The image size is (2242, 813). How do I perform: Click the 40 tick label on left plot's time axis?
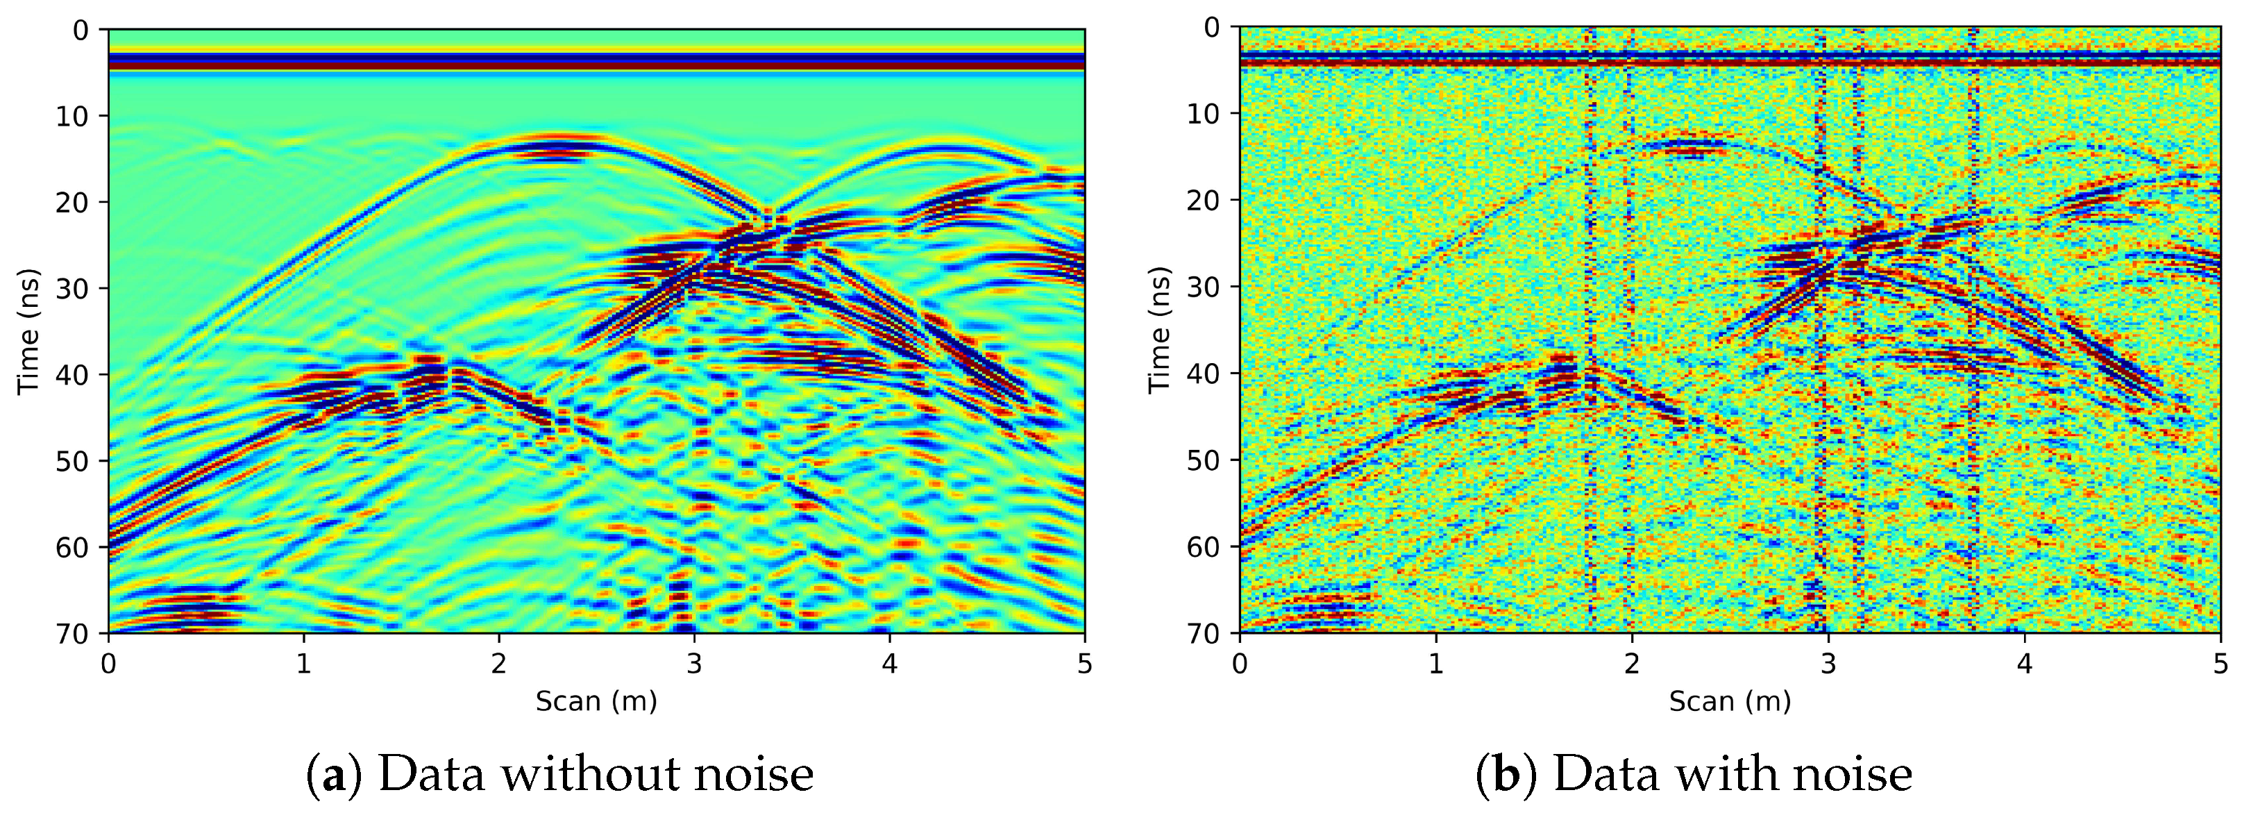(x=73, y=375)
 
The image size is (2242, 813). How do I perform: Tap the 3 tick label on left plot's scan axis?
(x=693, y=665)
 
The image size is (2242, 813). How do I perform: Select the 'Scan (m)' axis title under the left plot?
(x=596, y=701)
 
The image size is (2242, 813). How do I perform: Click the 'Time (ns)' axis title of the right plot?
(x=1158, y=330)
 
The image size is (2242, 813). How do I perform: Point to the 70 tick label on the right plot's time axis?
(x=1204, y=632)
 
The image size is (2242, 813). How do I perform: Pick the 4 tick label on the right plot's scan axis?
(x=2025, y=665)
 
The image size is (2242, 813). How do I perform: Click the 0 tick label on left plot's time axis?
(x=81, y=31)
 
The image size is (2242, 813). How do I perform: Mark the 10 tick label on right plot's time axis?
(x=1204, y=114)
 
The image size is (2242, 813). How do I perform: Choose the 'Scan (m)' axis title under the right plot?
(x=1729, y=701)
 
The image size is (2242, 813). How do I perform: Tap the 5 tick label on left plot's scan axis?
(x=1084, y=665)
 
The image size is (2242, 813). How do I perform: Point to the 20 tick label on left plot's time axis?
(x=73, y=203)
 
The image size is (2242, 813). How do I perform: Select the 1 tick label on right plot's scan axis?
(x=1436, y=665)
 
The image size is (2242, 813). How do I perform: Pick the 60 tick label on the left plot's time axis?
(x=73, y=548)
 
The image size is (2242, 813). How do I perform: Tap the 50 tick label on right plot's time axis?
(x=1204, y=460)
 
